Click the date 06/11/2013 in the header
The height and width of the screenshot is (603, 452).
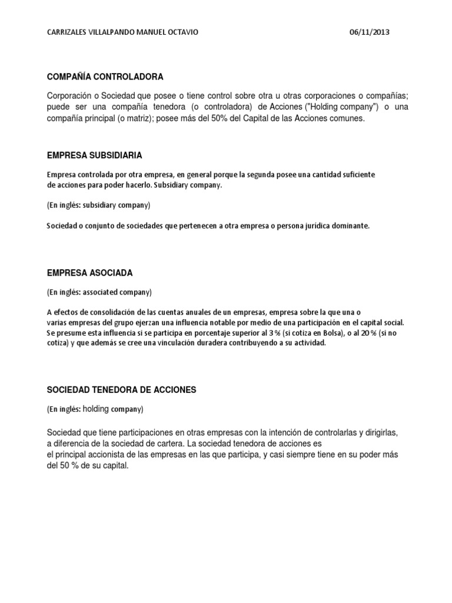(369, 33)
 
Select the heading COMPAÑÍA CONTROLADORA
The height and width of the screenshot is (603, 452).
(105, 77)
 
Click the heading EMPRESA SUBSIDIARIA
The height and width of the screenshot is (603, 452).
(94, 155)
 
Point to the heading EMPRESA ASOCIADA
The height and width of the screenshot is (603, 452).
(89, 273)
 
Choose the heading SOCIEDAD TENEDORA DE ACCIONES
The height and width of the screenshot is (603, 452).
(121, 390)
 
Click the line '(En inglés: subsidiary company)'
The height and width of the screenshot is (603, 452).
(99, 205)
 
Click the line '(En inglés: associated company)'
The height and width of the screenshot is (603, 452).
(99, 291)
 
